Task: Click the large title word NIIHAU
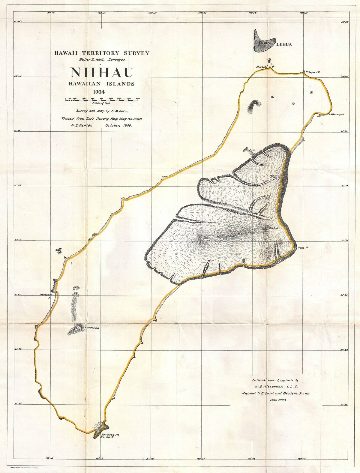tap(102, 73)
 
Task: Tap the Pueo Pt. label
tap(303, 248)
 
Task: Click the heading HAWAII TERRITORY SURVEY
tap(102, 53)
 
